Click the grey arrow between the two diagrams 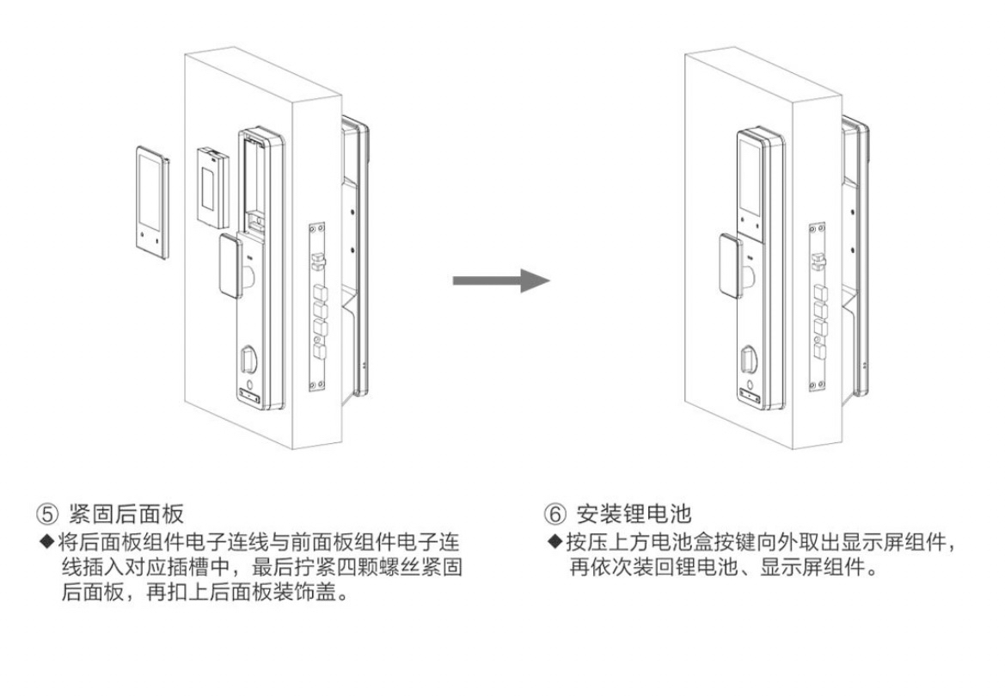tap(500, 281)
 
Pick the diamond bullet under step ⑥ tap(555, 544)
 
